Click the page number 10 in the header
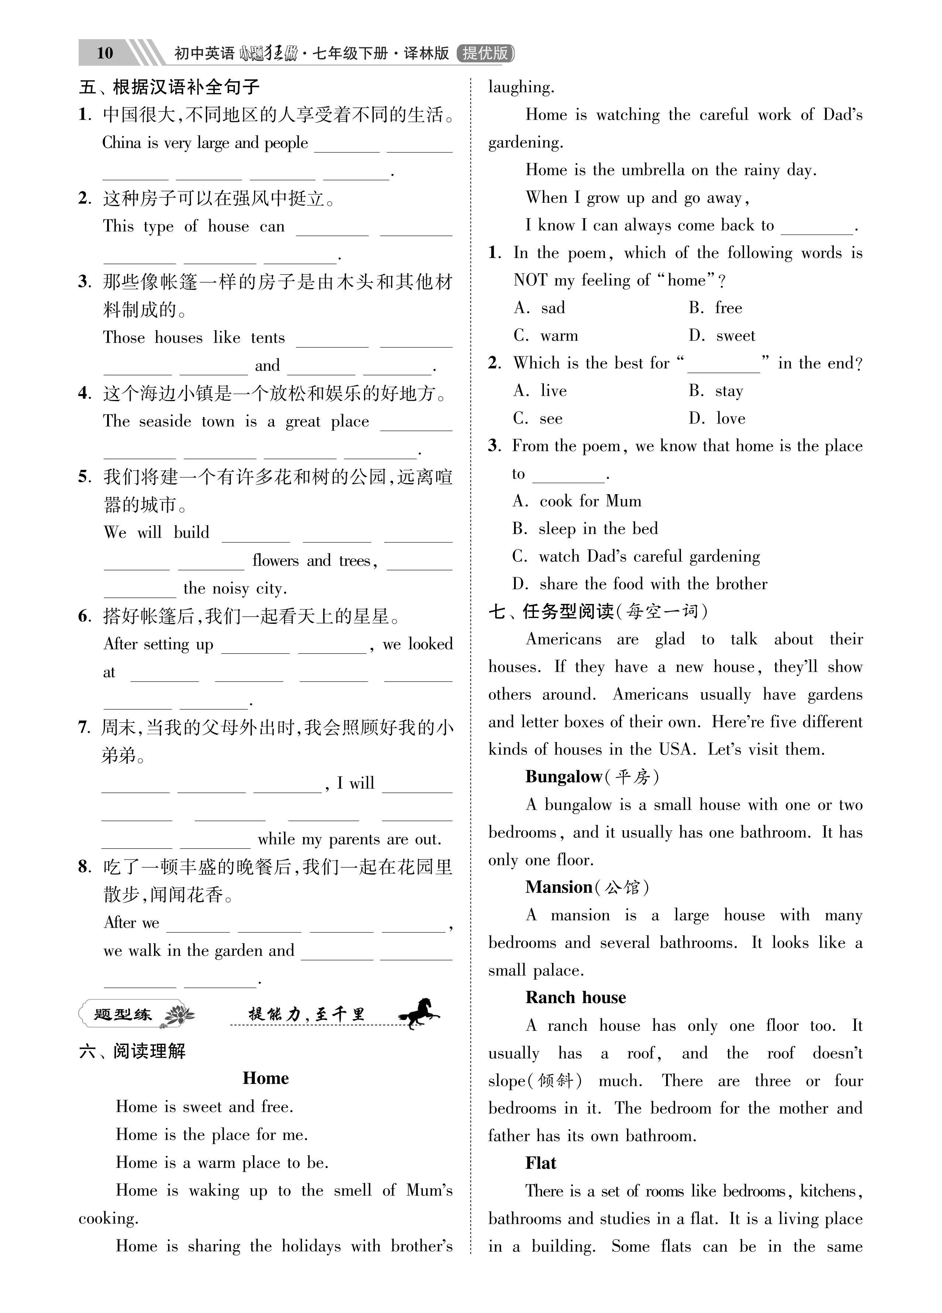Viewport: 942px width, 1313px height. (105, 53)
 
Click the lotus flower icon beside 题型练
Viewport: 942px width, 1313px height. (179, 1015)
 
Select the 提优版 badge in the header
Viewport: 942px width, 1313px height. (485, 53)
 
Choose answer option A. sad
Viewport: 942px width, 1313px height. (539, 308)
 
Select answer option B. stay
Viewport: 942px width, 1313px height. (716, 391)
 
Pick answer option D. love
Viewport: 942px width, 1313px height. (717, 418)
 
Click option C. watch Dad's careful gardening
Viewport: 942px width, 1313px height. (636, 556)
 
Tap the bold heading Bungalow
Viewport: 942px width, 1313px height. (564, 777)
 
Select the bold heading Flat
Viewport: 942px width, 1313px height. (541, 1163)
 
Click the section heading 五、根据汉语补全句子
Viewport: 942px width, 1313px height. (169, 88)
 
